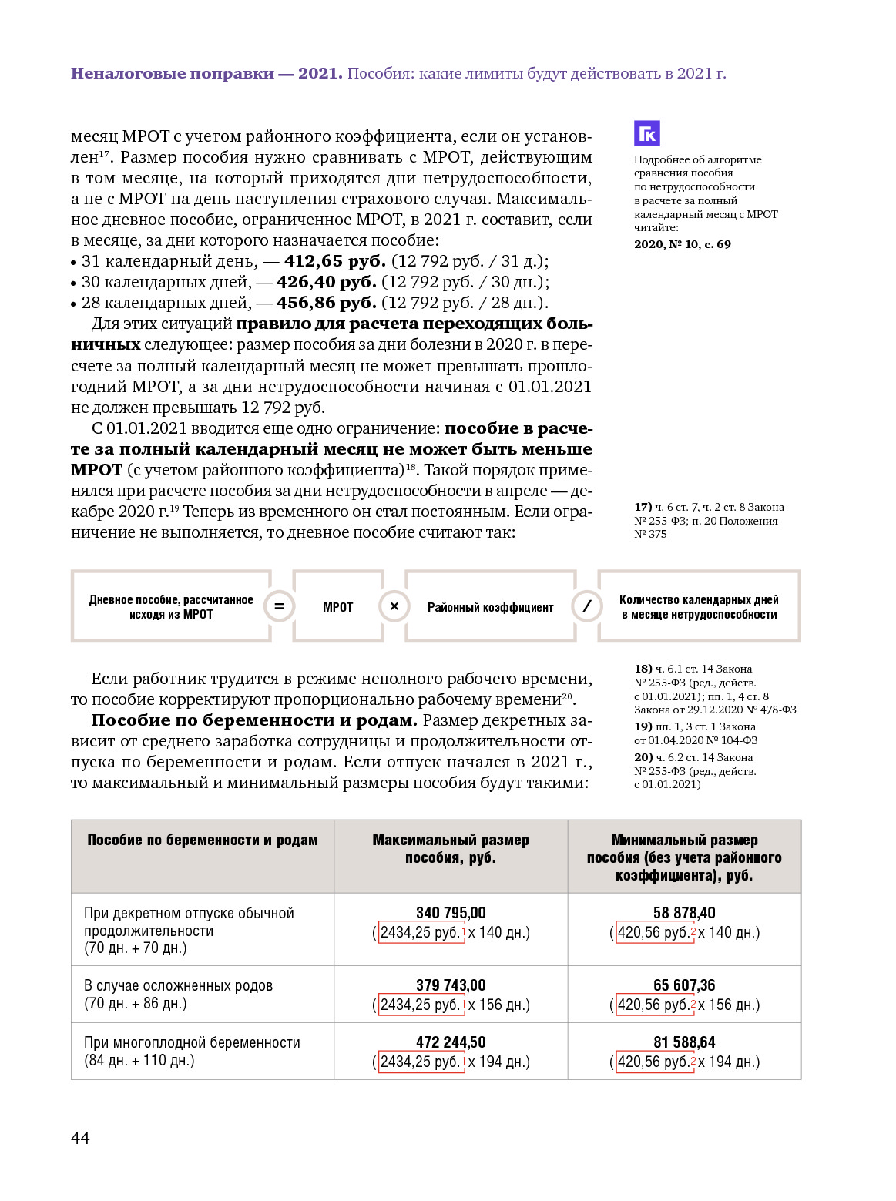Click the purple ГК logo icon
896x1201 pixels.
coord(647,133)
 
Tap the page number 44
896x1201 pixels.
coord(80,1138)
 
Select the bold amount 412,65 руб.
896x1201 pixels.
coord(334,261)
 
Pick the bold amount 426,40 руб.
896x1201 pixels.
coord(327,282)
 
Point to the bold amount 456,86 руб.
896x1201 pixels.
coord(327,303)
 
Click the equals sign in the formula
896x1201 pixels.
coord(279,606)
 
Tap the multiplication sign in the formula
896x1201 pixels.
coord(394,606)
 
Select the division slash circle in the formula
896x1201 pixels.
coord(586,606)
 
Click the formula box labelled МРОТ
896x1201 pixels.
coord(337,607)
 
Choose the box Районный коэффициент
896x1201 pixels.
coord(490,607)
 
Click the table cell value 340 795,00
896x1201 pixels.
coord(451,913)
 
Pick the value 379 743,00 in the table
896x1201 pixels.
coord(451,985)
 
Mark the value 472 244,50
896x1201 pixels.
coord(451,1042)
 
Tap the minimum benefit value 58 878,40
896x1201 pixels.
coord(684,913)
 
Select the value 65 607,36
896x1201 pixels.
coord(684,985)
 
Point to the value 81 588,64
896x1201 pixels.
coord(684,1042)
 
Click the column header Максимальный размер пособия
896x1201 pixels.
coord(451,849)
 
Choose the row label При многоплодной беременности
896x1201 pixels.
coord(192,1042)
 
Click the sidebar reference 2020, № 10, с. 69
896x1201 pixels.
coord(682,244)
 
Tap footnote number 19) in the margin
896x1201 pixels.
coord(643,726)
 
